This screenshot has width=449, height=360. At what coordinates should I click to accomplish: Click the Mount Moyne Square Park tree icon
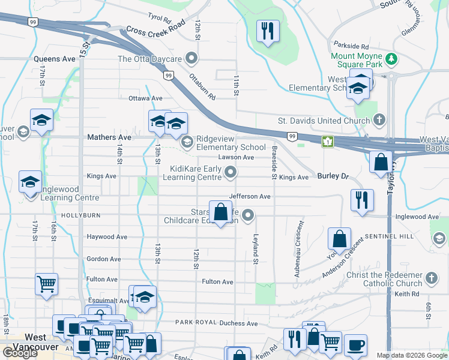[x=391, y=58]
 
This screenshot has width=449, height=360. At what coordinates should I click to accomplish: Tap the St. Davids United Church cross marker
[x=379, y=120]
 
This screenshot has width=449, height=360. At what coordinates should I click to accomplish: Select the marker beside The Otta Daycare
[x=192, y=59]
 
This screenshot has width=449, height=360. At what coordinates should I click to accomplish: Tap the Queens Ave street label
[x=55, y=59]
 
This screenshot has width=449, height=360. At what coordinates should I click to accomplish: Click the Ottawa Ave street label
[x=145, y=98]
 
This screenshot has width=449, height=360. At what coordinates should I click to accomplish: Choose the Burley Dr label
[x=333, y=176]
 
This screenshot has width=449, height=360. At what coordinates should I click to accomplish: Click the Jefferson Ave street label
[x=250, y=196]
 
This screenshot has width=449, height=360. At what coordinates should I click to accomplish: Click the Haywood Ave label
[x=107, y=237]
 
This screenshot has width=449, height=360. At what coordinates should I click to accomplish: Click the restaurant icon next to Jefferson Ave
[x=362, y=200]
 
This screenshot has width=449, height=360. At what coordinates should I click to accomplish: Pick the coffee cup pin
[x=355, y=344]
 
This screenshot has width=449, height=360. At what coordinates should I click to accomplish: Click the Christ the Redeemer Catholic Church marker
[x=431, y=278]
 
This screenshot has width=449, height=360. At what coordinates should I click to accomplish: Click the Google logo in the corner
[x=20, y=353]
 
